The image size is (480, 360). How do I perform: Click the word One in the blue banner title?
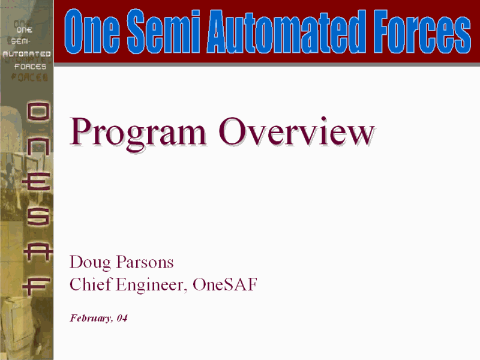(92, 31)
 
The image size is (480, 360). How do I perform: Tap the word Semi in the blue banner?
(163, 31)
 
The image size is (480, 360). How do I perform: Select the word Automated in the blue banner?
(287, 31)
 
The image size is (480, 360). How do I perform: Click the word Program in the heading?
(138, 133)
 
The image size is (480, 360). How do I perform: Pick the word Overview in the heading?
(296, 131)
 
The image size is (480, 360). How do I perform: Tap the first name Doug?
(91, 263)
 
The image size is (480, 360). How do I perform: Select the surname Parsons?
(145, 262)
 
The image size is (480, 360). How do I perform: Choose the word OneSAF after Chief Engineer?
(225, 284)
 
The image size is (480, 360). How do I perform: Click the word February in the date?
(91, 319)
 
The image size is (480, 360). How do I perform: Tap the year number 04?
(122, 318)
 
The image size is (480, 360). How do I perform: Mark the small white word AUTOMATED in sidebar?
(26, 54)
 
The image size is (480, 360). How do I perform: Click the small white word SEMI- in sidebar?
(21, 41)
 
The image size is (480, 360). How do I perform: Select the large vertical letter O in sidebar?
(38, 112)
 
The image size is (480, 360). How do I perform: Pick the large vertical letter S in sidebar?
(38, 217)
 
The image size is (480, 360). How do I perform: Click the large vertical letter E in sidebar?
(36, 182)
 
